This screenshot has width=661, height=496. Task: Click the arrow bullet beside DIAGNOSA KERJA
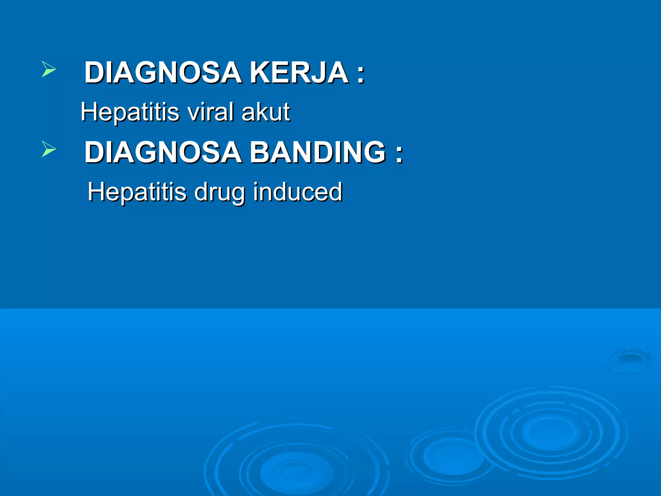(48, 69)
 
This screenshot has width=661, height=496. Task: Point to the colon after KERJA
(361, 74)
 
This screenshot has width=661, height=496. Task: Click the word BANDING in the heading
(318, 152)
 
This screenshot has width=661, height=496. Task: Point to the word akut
(266, 112)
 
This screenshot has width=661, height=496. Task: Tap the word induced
(297, 191)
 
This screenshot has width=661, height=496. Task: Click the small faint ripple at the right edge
(630, 360)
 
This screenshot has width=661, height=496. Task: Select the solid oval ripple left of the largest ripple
(453, 455)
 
